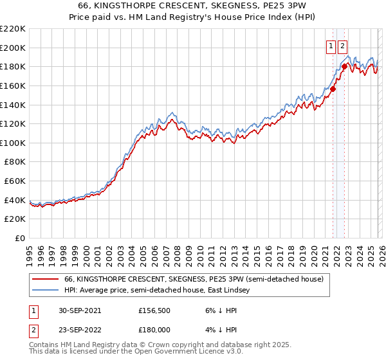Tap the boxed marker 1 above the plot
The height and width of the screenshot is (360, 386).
331,46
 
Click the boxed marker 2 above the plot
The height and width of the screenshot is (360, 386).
342,46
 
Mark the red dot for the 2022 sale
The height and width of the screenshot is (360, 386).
345,66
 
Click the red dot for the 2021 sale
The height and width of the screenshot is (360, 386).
333,89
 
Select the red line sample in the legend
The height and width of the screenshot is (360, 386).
46,280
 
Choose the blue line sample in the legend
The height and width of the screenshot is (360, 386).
46,291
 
